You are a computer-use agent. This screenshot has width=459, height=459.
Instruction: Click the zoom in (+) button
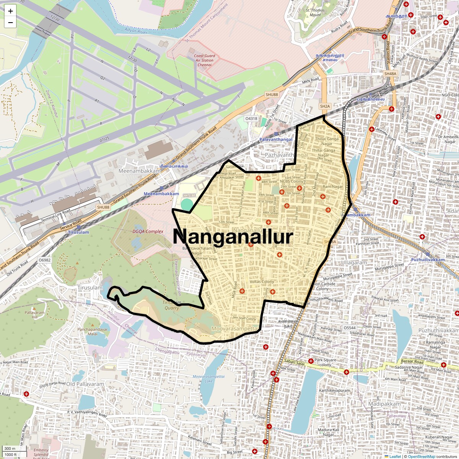coord(10,11)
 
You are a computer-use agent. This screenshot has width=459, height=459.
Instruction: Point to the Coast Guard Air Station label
coord(205,60)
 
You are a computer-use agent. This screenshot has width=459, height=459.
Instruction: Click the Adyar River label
coord(136,31)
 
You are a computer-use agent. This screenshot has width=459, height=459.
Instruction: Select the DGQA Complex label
coord(148,231)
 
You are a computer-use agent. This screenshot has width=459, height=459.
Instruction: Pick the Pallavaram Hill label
coord(34,315)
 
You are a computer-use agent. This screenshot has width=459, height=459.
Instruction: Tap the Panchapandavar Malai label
coord(93,331)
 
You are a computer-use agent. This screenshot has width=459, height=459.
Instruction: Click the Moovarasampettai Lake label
coord(208,379)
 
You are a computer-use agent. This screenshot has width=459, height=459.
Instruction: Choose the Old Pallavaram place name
coord(85,384)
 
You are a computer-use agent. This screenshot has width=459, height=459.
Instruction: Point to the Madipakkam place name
coord(384,404)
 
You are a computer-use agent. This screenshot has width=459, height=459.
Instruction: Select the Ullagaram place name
coord(354,263)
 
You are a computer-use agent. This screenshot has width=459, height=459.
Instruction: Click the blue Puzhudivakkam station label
coord(428,260)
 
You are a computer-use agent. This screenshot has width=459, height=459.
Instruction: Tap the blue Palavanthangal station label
coord(276,140)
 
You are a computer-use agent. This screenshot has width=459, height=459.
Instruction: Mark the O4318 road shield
coord(251,119)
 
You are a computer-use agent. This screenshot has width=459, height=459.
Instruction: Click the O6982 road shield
coord(44,260)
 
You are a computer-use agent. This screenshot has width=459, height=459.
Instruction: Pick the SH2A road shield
coord(325,106)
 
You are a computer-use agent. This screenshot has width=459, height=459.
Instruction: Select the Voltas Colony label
coord(262,282)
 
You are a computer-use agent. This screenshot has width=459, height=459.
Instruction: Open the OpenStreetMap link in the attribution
coord(421,456)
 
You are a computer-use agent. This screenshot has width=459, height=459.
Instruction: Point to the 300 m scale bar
coord(11,449)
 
